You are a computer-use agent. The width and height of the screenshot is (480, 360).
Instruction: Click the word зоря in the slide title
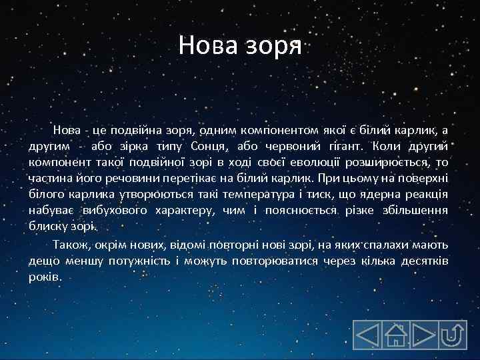[x=277, y=47]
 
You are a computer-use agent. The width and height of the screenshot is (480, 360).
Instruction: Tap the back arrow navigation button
[x=367, y=335]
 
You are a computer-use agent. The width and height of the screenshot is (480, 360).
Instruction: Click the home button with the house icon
[x=395, y=335]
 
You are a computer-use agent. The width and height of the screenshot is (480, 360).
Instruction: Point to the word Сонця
[x=203, y=146]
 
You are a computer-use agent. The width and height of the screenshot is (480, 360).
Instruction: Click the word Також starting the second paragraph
[x=71, y=244]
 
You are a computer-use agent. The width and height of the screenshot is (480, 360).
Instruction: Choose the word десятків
[x=425, y=260]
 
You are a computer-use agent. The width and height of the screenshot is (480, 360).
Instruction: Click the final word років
[x=45, y=276]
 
